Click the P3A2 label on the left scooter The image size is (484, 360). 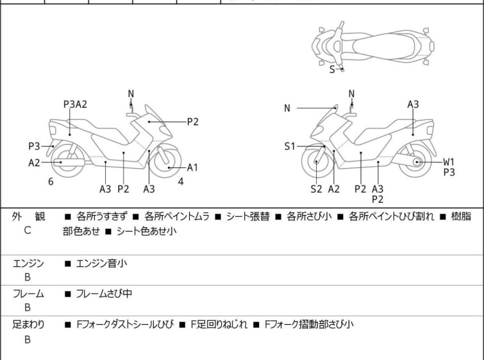coord(75,104)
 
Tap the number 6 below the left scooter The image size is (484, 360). coord(51,182)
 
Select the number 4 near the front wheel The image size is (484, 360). coord(181,182)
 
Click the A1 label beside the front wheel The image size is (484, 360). coord(192,167)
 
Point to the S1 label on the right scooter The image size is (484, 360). coord(290,146)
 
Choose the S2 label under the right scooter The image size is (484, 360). coord(317,189)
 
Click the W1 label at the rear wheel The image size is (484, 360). coord(449,162)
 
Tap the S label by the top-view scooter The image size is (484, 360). coord(332,69)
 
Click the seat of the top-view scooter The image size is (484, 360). coord(383,46)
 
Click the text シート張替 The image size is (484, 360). coord(248,216)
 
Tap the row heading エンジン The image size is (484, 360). coord(28,264)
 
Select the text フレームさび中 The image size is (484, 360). coord(104,293)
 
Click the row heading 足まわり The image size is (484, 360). coord(28,325)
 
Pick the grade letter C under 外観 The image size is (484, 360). coord(28,230)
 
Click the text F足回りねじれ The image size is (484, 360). coord(219,325)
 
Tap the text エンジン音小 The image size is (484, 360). coord(101,264)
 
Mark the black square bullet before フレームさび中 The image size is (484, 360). coord(67,294)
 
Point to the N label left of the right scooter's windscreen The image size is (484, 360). coord(287,108)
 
